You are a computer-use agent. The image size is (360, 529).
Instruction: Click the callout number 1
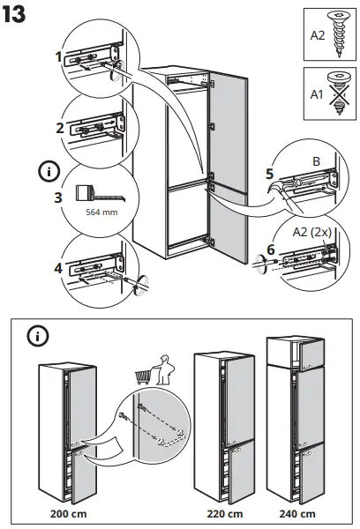(58, 56)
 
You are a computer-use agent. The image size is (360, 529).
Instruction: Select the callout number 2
(58, 128)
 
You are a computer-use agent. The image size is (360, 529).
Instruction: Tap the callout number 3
(58, 197)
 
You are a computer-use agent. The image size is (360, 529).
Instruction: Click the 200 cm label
(67, 513)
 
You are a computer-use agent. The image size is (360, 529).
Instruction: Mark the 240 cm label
(296, 513)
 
